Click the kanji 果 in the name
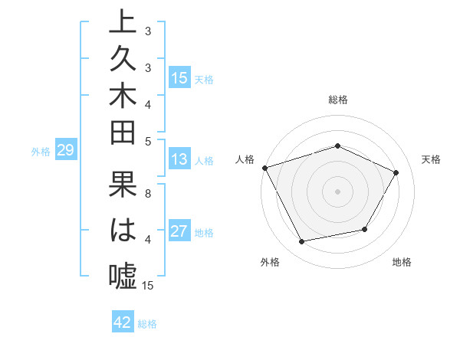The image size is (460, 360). [x=123, y=188]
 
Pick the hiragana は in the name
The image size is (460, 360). [x=123, y=231]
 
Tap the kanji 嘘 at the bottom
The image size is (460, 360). [x=123, y=274]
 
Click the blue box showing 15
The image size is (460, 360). [x=179, y=78]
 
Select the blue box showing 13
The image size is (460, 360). [x=179, y=159]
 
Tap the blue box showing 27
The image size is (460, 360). [x=179, y=231]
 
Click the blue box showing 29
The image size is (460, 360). [x=65, y=151]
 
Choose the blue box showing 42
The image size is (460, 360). [x=123, y=322]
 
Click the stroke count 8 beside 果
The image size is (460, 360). [x=148, y=193]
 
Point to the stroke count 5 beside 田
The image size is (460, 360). [x=148, y=141]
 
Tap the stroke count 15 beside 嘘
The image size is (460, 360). [x=149, y=286]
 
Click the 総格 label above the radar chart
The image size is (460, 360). [x=337, y=100]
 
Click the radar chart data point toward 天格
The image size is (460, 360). [x=396, y=172]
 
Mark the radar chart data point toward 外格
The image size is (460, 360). [x=301, y=242]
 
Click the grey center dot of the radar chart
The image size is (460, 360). [x=337, y=191]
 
